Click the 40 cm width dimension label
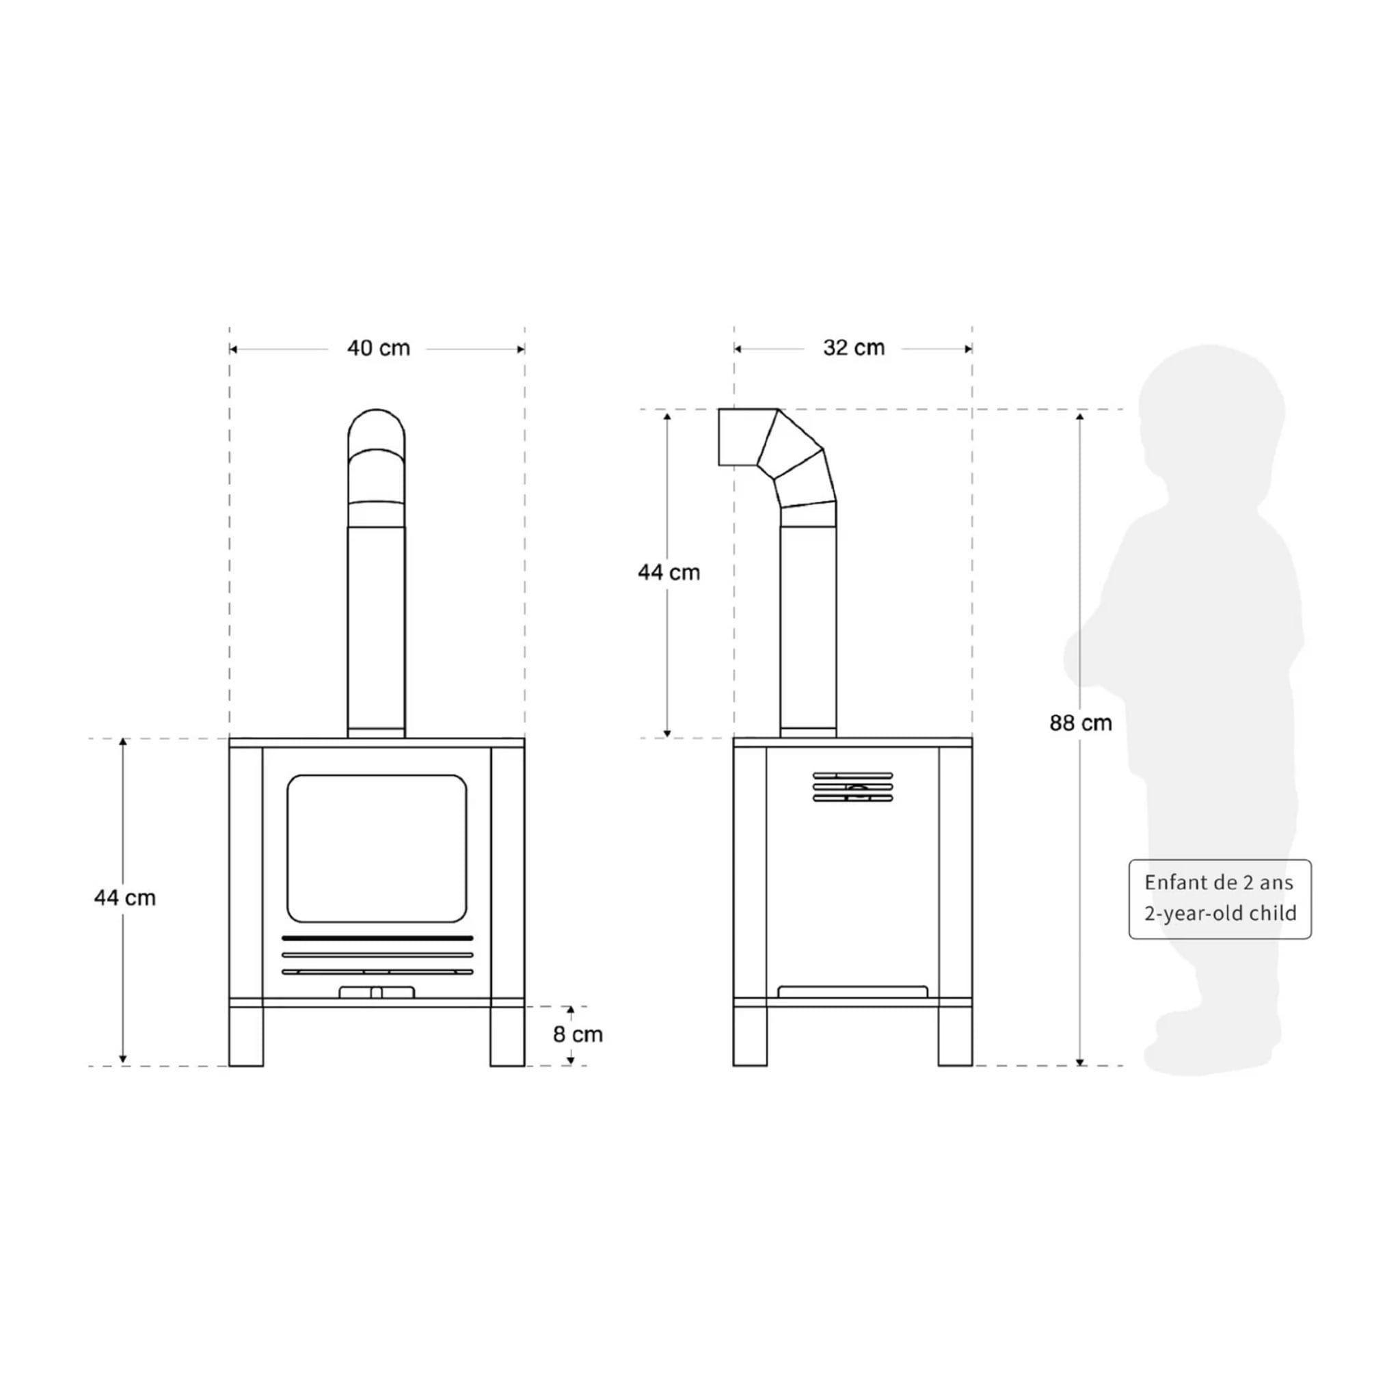pyautogui.click(x=378, y=349)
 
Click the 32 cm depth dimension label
pyautogui.click(x=854, y=348)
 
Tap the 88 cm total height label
pyautogui.click(x=1081, y=723)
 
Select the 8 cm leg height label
pyautogui.click(x=578, y=1034)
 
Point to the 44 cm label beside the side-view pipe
pyautogui.click(x=669, y=572)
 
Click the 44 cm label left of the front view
pyautogui.click(x=124, y=898)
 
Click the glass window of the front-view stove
pyautogui.click(x=377, y=848)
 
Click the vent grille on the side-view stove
pyautogui.click(x=853, y=787)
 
